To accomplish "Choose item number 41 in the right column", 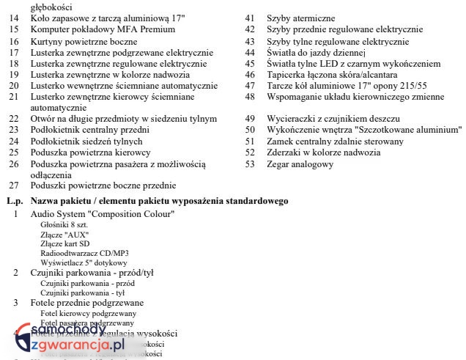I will [x=250, y=18].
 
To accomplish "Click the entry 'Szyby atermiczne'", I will [x=300, y=18].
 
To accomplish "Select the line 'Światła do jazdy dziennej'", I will [x=316, y=53].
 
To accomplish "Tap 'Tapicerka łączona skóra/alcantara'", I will [x=332, y=75].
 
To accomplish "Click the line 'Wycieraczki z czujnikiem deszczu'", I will [x=333, y=119].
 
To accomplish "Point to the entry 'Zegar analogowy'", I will [x=300, y=164].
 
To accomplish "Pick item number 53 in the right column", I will [x=250, y=164].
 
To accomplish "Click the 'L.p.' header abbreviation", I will [x=14, y=201].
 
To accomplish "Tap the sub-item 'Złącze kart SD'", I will [x=65, y=243].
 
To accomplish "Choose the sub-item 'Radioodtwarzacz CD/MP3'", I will [x=84, y=253].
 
